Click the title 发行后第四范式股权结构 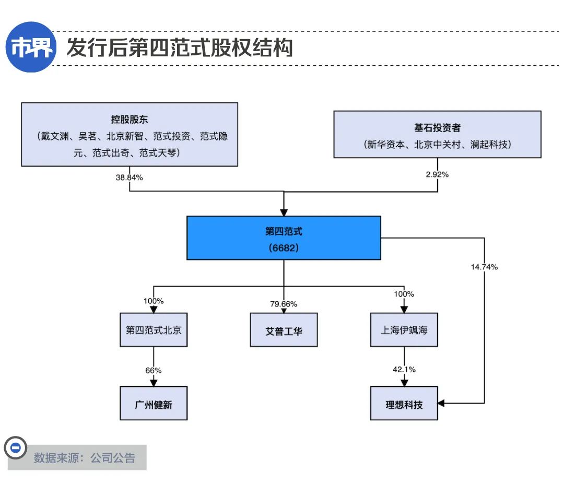pyautogui.click(x=179, y=48)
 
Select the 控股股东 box pyautogui.click(x=130, y=134)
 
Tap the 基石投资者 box pyautogui.click(x=437, y=134)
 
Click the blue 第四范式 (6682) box pyautogui.click(x=284, y=238)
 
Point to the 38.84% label pyautogui.click(x=129, y=177)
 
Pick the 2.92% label pyautogui.click(x=437, y=174)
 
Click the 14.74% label pyautogui.click(x=484, y=267)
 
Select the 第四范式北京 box pyautogui.click(x=154, y=330)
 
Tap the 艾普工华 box pyautogui.click(x=284, y=330)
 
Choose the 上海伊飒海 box pyautogui.click(x=404, y=330)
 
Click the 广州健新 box pyautogui.click(x=154, y=404)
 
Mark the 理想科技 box pyautogui.click(x=404, y=404)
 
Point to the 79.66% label pyautogui.click(x=284, y=304)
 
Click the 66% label pyautogui.click(x=154, y=370)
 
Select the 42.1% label pyautogui.click(x=404, y=369)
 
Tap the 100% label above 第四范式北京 pyautogui.click(x=154, y=301)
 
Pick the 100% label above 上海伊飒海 pyautogui.click(x=404, y=294)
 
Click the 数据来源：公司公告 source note pyautogui.click(x=85, y=458)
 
